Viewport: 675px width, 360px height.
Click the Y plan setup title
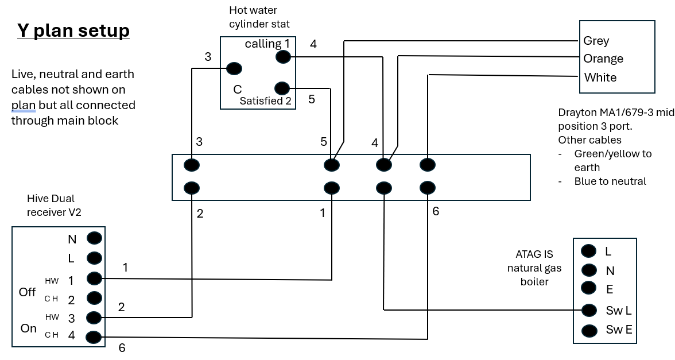[73, 30]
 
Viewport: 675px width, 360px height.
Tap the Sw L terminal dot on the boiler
[589, 310]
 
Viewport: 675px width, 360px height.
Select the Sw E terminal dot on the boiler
[589, 330]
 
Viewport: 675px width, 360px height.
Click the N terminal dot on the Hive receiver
[95, 238]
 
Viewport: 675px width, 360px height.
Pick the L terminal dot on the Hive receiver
[95, 258]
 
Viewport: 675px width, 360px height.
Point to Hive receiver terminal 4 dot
[94, 337]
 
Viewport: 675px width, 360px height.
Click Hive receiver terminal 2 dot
[95, 298]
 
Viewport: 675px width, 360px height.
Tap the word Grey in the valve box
[596, 41]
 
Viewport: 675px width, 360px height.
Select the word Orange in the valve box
[603, 59]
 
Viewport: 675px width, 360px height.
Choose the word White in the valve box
[600, 78]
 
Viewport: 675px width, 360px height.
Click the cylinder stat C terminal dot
[234, 69]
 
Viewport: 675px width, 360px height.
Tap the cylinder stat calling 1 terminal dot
[283, 56]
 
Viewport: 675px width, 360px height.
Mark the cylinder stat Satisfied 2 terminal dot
[282, 88]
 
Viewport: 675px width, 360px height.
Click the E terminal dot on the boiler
[588, 287]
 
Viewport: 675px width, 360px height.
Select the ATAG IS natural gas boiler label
[534, 268]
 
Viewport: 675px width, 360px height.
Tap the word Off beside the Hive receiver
[27, 292]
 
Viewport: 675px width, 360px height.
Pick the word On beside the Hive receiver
[29, 328]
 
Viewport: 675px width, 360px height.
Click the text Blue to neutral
[610, 181]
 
